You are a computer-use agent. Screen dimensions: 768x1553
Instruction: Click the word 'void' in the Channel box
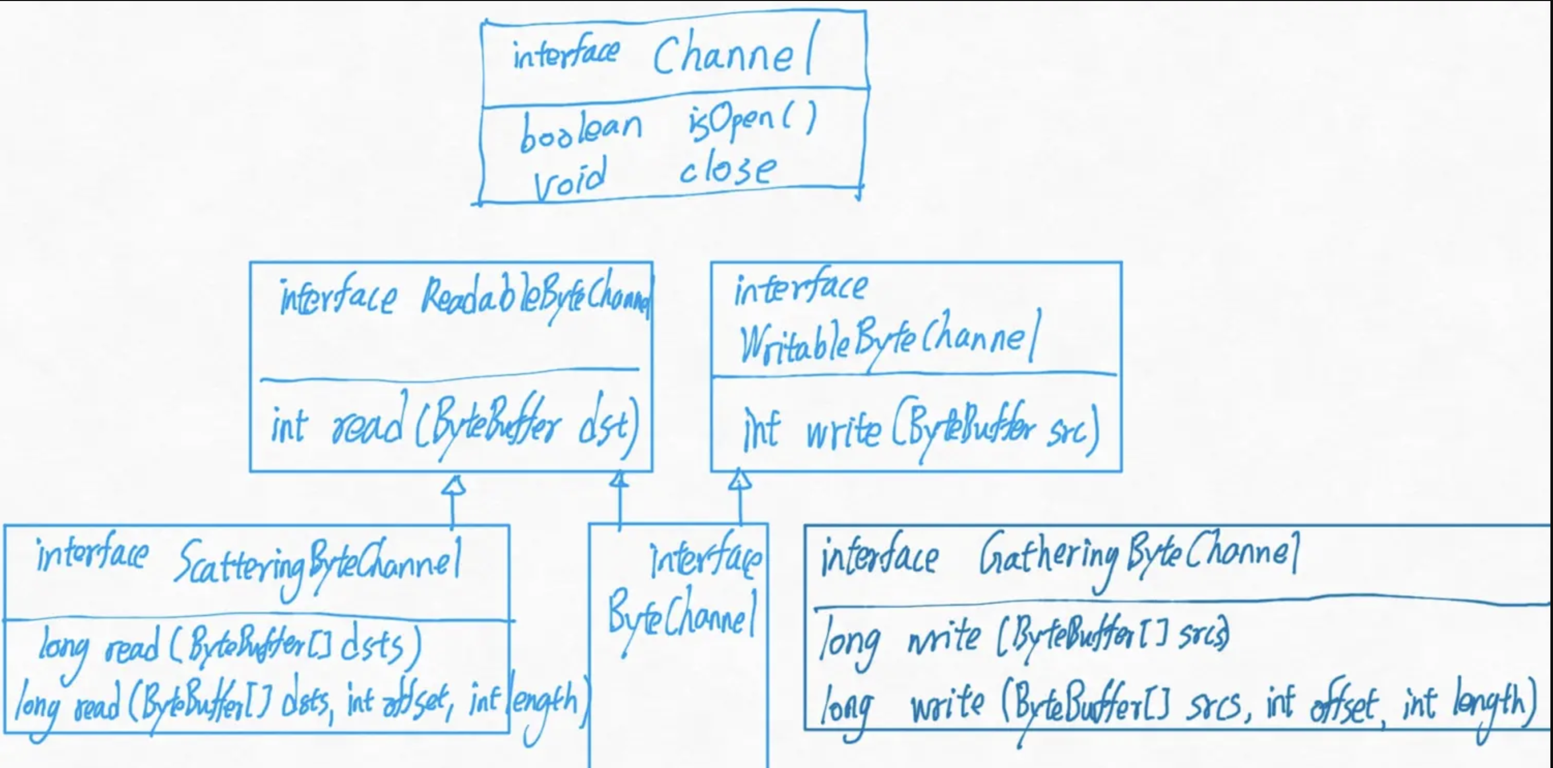tap(570, 179)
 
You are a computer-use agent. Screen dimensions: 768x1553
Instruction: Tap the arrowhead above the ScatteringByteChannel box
tap(453, 485)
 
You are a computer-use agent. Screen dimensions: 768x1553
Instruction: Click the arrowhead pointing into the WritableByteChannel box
tap(740, 480)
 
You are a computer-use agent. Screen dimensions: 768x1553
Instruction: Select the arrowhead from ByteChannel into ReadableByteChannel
tap(619, 480)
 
